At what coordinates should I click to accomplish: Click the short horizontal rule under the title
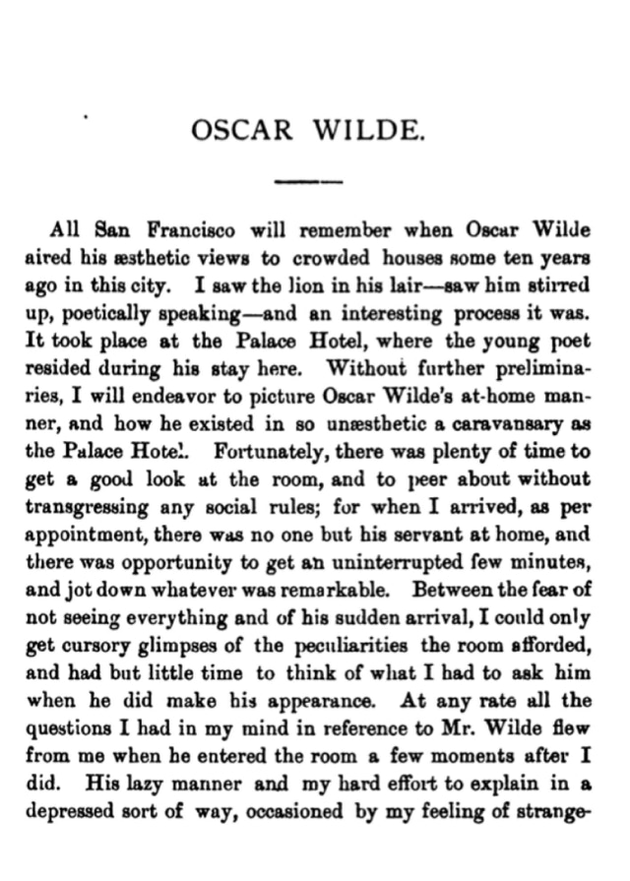pos(306,181)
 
